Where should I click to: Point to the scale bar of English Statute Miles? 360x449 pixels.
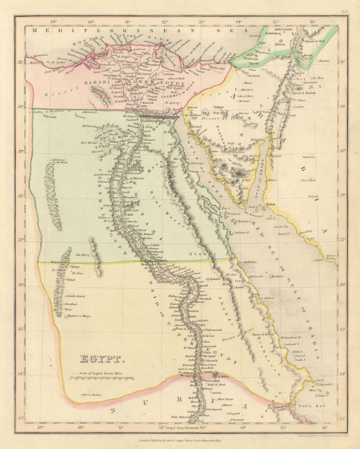[102, 378]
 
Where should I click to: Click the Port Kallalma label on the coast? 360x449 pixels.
[247, 262]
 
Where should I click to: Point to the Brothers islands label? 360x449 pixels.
[277, 276]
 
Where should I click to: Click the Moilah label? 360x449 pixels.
[270, 204]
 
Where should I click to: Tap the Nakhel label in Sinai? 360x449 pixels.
[219, 107]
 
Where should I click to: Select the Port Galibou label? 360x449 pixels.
[266, 298]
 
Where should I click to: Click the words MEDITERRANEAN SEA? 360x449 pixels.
[140, 31]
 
